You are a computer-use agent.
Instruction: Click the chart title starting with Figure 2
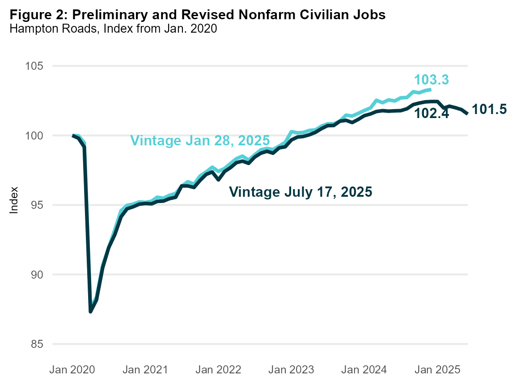pyautogui.click(x=197, y=15)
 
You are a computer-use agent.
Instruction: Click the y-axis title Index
pyautogui.click(x=14, y=200)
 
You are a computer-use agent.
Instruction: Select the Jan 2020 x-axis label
pyautogui.click(x=73, y=370)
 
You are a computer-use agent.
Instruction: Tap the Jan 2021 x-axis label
pyautogui.click(x=146, y=370)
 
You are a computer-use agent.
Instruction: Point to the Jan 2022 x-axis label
pyautogui.click(x=219, y=370)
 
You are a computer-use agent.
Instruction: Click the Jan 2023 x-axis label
pyautogui.click(x=292, y=370)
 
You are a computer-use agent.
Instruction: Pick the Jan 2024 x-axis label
pyautogui.click(x=364, y=370)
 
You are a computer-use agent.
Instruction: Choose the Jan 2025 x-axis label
pyautogui.click(x=437, y=370)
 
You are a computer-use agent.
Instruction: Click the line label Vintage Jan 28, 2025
pyautogui.click(x=200, y=140)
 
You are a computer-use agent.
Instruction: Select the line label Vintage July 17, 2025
pyautogui.click(x=300, y=192)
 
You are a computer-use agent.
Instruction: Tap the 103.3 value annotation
pyautogui.click(x=432, y=80)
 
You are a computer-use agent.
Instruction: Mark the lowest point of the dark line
pyautogui.click(x=91, y=311)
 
